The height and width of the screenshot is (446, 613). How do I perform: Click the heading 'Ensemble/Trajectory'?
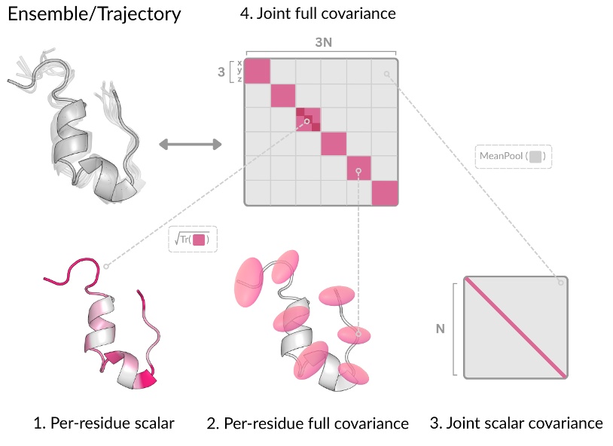coord(94,14)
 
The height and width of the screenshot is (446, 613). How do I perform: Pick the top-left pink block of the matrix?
coord(258,72)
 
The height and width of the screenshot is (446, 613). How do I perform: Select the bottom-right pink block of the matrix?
coord(385,193)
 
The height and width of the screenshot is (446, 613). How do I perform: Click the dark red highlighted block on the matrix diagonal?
coord(308,121)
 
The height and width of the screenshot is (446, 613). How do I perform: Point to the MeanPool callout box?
coord(514,157)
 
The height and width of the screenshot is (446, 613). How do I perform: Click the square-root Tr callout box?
coord(193,240)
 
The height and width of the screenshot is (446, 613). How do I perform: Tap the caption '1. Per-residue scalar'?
coord(104,423)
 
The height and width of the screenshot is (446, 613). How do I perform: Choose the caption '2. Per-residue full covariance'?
coord(307,423)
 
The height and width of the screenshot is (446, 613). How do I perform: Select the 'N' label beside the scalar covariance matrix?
coord(441,328)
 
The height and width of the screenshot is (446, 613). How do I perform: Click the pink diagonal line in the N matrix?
coord(516,328)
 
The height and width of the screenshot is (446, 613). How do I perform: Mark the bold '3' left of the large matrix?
coord(221,73)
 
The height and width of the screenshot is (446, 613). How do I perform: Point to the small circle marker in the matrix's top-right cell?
coord(386,74)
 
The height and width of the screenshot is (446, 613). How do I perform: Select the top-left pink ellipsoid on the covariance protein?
coord(251,278)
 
